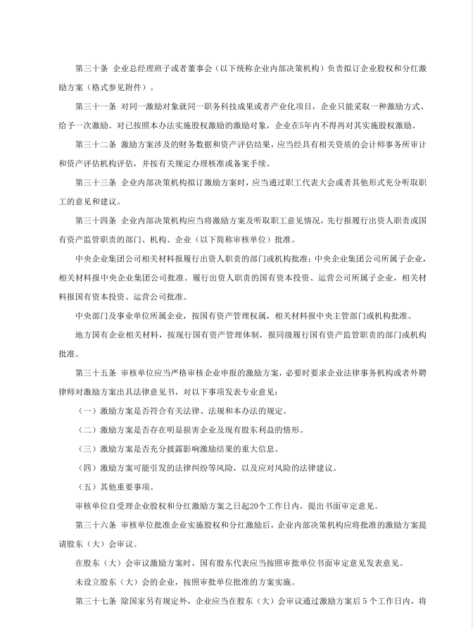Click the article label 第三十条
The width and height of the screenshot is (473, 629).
click(x=91, y=68)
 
